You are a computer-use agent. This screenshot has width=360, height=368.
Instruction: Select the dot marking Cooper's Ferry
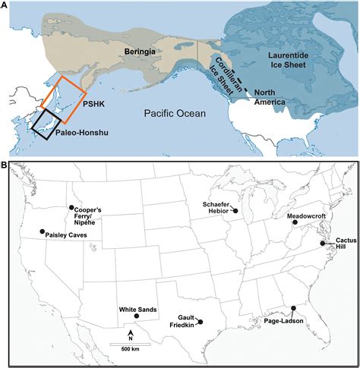pyautogui.click(x=71, y=207)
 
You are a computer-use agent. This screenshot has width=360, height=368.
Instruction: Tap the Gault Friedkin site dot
pyautogui.click(x=200, y=322)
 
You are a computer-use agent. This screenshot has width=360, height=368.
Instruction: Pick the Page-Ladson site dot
pyautogui.click(x=293, y=308)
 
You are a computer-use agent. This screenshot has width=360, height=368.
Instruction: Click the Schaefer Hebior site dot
pyautogui.click(x=235, y=211)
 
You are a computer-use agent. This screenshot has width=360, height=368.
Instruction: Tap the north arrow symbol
pyautogui.click(x=131, y=335)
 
